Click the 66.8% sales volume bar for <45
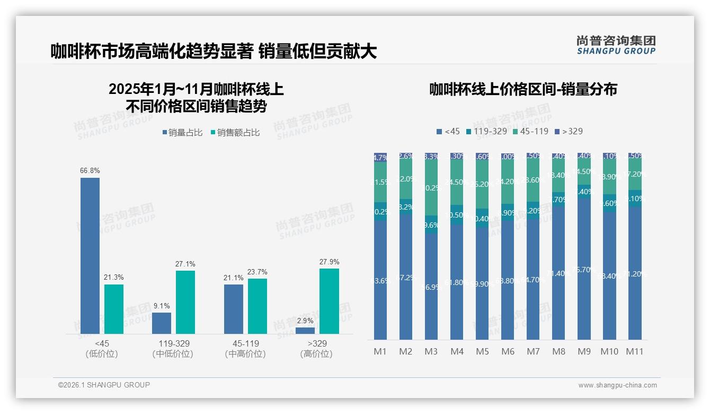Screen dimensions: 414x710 click(90, 255)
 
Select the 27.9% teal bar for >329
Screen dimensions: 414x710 click(329, 301)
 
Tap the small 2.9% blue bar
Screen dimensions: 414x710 click(305, 331)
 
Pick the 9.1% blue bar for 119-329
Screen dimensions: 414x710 click(162, 323)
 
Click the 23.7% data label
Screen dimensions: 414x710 click(257, 272)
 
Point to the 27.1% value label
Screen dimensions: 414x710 click(185, 264)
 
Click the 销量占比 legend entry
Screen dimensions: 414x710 click(182, 133)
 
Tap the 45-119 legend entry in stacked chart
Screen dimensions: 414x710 click(530, 131)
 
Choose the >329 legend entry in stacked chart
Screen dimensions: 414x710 click(569, 131)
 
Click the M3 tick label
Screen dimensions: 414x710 click(431, 351)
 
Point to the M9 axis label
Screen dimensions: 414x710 click(584, 351)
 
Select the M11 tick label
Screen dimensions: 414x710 click(635, 351)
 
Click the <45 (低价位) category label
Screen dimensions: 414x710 click(102, 349)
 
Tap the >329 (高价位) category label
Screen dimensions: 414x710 click(316, 349)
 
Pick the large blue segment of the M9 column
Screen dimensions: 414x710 click(584, 269)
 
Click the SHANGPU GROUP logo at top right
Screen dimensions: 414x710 click(616, 45)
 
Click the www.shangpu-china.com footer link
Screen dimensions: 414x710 click(617, 385)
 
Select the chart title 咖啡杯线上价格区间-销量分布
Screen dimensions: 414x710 click(523, 89)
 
